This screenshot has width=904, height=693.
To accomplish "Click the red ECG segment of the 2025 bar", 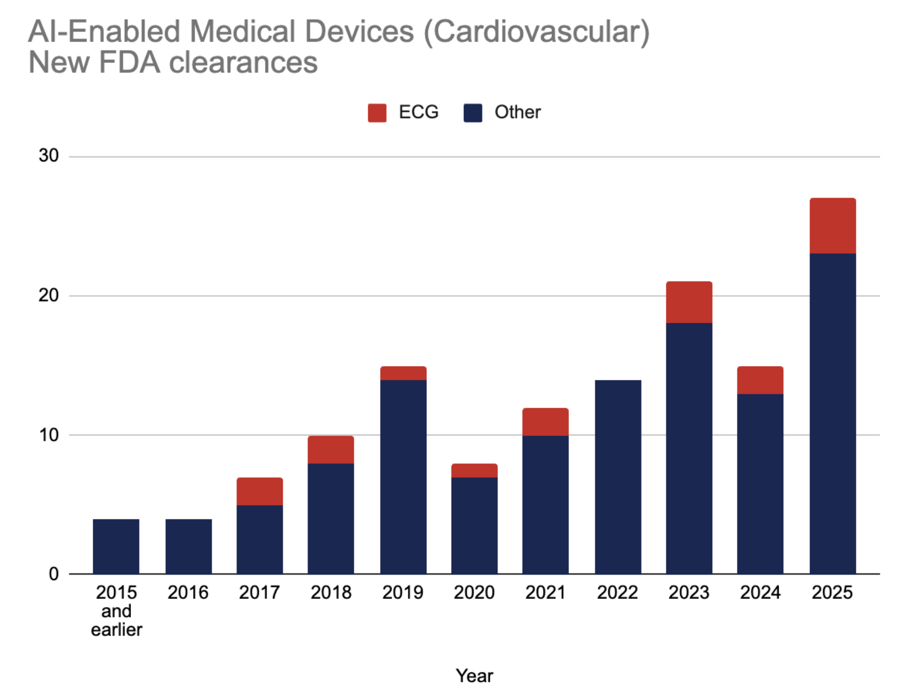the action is point(832,226).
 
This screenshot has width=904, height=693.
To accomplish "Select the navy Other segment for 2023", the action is point(689,449).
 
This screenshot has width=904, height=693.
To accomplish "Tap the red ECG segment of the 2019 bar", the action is point(403,373).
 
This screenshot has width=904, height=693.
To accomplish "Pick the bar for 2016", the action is point(188,547).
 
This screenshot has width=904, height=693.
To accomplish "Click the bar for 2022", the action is point(618,477).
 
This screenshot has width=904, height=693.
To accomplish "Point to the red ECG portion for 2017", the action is point(260,492).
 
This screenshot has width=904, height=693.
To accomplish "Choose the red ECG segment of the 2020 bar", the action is point(474,471).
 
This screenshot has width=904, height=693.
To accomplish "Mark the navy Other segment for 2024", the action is point(760,484).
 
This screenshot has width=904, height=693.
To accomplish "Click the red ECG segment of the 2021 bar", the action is point(546,422).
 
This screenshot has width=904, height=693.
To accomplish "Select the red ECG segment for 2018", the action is point(331,450).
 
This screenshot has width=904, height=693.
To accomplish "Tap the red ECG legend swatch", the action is point(377,113).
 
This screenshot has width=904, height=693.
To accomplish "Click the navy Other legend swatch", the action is point(472,113).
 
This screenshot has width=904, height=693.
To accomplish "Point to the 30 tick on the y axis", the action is point(49,156).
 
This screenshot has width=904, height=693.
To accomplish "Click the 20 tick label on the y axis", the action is point(49,295).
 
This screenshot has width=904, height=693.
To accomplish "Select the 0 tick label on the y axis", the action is point(54,574).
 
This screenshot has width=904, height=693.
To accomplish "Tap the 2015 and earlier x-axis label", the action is point(116,611).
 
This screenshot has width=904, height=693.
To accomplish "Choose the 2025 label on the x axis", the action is point(832,593).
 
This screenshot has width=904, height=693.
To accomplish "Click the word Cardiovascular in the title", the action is point(537,32).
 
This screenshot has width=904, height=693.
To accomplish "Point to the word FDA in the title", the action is point(129,63).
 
